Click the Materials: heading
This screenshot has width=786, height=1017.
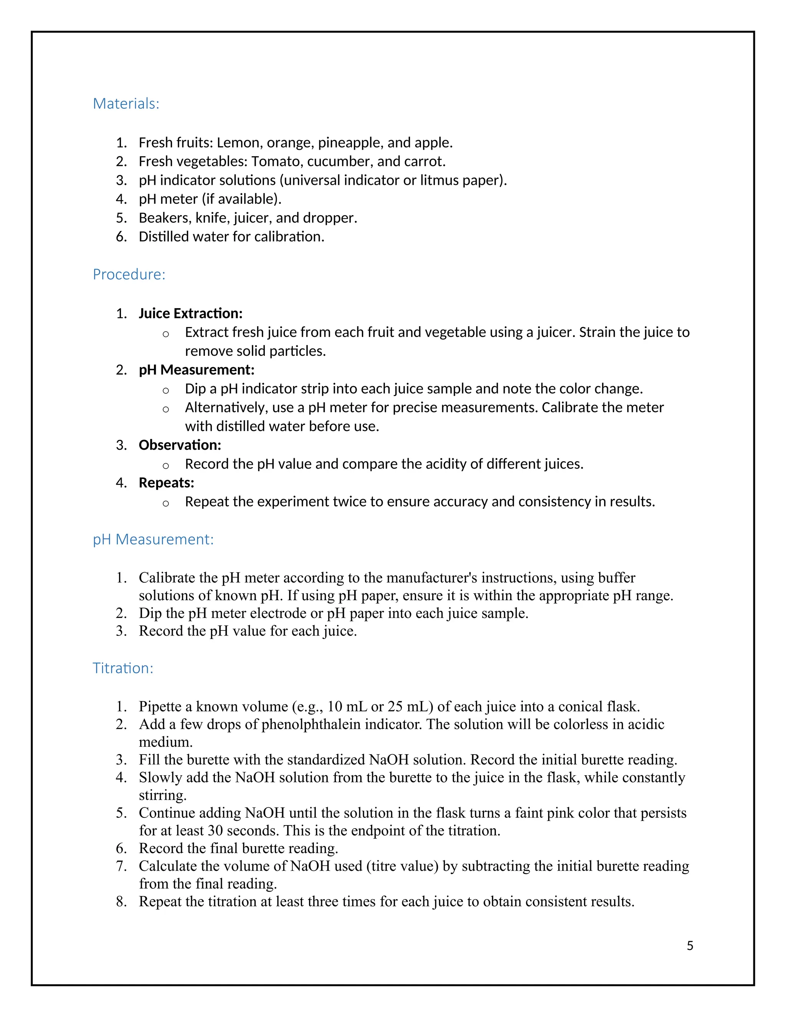click(x=126, y=103)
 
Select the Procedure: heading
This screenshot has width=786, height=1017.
click(x=129, y=274)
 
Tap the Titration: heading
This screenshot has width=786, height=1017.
click(x=123, y=668)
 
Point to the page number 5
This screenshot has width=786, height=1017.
click(x=690, y=946)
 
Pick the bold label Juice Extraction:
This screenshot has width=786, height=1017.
click(x=190, y=314)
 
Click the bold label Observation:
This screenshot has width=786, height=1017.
click(x=180, y=445)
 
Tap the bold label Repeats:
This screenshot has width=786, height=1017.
click(x=166, y=483)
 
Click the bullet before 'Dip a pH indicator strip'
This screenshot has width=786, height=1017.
click(x=165, y=390)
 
